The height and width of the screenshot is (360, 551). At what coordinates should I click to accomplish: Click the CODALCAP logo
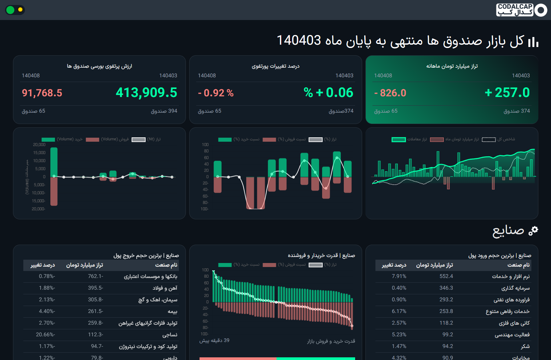[521, 10]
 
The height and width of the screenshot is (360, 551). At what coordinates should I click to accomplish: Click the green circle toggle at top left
[10, 10]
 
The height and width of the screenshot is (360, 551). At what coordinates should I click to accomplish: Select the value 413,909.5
[146, 93]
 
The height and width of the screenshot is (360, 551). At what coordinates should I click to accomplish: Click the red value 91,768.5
[42, 93]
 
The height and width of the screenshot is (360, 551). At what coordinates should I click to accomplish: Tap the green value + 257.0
[507, 93]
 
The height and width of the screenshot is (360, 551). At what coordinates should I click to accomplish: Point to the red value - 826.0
[390, 93]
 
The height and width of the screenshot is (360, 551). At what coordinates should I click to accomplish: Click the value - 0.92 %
[216, 93]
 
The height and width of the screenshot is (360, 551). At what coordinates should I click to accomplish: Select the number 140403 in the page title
[299, 41]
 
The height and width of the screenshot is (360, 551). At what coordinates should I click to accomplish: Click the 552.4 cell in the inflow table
[446, 276]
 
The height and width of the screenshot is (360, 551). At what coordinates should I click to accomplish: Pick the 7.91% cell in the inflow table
[399, 276]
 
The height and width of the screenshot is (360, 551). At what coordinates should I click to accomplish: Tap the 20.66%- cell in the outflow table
[45, 335]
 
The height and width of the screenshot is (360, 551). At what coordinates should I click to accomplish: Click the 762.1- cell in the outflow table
[96, 276]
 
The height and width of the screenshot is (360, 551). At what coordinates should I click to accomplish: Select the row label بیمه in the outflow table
[172, 311]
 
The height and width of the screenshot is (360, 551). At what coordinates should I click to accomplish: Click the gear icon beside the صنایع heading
[533, 231]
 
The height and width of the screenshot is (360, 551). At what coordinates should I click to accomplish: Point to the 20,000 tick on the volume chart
[39, 145]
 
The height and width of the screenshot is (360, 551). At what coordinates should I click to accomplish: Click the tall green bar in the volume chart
[54, 162]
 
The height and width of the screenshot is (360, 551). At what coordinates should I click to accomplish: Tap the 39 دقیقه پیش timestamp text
[214, 340]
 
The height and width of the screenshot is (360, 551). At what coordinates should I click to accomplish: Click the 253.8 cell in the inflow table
[446, 311]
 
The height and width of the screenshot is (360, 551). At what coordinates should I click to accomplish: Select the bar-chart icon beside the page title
[533, 42]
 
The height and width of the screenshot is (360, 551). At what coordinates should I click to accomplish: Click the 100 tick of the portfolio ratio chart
[205, 145]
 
